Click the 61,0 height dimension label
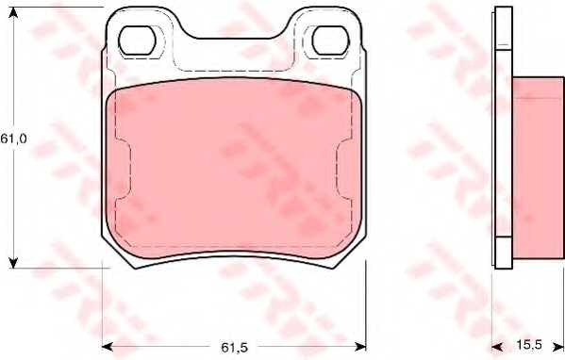tap(13, 139)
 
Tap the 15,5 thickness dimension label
tap(529, 345)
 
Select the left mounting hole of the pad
tap(137, 41)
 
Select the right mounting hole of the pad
tap(331, 41)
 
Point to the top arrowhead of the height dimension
tap(13, 11)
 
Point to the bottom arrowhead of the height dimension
tap(13, 263)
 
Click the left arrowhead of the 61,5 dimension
tap(108, 347)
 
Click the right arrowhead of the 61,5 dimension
tap(360, 347)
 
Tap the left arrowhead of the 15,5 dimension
tap(497, 347)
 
